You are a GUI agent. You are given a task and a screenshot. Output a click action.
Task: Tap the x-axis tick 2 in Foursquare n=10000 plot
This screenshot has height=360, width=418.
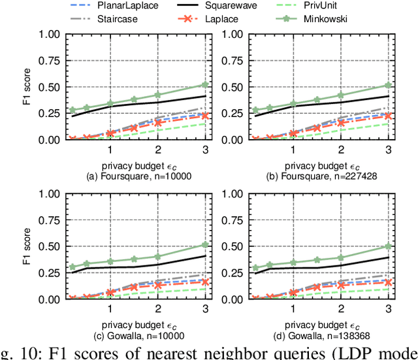(158, 150)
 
